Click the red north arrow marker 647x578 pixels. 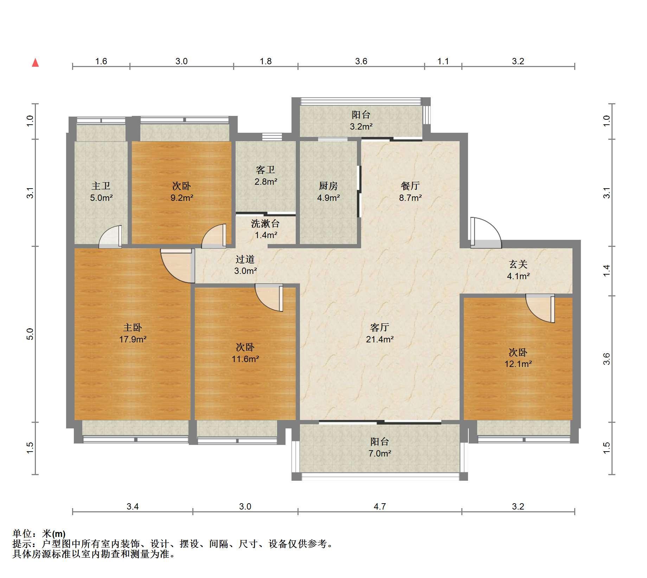[x=35, y=63]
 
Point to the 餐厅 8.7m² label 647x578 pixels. [x=410, y=192]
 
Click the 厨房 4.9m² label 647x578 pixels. [x=328, y=192]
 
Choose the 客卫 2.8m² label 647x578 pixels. [x=265, y=176]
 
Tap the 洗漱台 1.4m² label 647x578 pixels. [x=265, y=229]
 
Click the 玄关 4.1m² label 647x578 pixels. [x=518, y=270]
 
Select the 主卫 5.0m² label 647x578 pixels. [x=101, y=192]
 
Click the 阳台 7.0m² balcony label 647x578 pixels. [x=380, y=447]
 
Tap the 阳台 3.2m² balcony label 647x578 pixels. [x=361, y=120]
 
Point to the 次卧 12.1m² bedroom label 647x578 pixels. [x=518, y=358]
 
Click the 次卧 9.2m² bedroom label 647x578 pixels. [x=182, y=192]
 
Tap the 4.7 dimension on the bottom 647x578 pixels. [x=380, y=506]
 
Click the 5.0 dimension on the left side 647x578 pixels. [x=30, y=334]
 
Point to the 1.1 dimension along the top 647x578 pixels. [x=443, y=61]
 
